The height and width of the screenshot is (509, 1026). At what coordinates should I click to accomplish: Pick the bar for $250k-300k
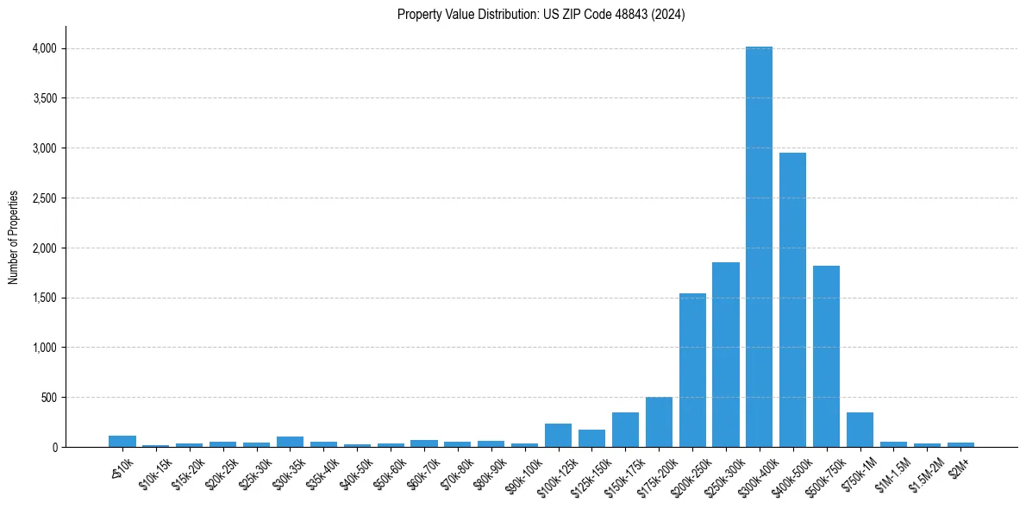(x=726, y=355)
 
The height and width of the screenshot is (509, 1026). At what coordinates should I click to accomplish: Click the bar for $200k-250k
(x=692, y=370)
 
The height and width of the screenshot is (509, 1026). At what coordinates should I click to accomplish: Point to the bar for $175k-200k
(x=659, y=422)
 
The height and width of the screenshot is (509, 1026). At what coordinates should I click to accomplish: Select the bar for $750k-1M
(x=860, y=430)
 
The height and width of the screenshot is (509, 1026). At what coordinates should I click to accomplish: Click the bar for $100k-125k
(x=558, y=435)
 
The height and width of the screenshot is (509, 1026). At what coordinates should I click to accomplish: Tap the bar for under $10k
(x=122, y=441)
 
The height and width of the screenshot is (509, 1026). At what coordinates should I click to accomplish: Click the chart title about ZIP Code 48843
(x=541, y=15)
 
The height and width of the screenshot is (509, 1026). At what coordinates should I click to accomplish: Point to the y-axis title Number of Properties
(x=14, y=237)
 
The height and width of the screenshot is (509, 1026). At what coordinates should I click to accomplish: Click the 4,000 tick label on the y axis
(x=44, y=48)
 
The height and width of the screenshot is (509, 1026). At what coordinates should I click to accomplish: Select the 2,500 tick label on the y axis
(x=44, y=198)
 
